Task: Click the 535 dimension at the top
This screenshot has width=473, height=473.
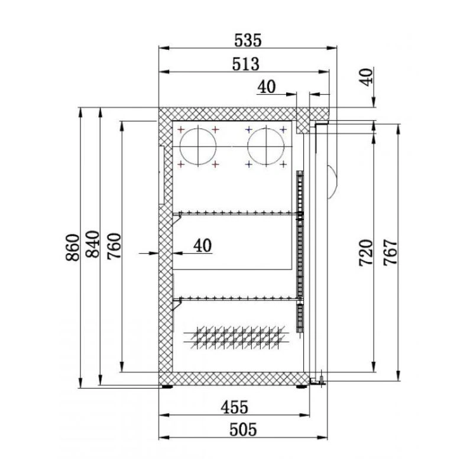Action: pyautogui.click(x=248, y=40)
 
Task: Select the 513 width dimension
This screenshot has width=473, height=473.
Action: pyautogui.click(x=245, y=64)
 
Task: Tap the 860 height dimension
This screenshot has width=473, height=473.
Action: pyautogui.click(x=73, y=247)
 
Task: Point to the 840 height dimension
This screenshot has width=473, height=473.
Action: pyautogui.click(x=93, y=244)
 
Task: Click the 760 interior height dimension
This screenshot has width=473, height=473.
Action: pyautogui.click(x=114, y=246)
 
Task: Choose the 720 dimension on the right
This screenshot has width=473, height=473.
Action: pyautogui.click(x=366, y=253)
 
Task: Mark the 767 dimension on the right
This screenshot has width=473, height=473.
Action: pyautogui.click(x=391, y=252)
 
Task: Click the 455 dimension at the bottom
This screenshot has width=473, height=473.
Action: pyautogui.click(x=234, y=407)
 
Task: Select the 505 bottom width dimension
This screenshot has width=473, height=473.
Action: pyautogui.click(x=243, y=430)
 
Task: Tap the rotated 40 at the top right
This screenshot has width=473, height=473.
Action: pyautogui.click(x=367, y=77)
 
